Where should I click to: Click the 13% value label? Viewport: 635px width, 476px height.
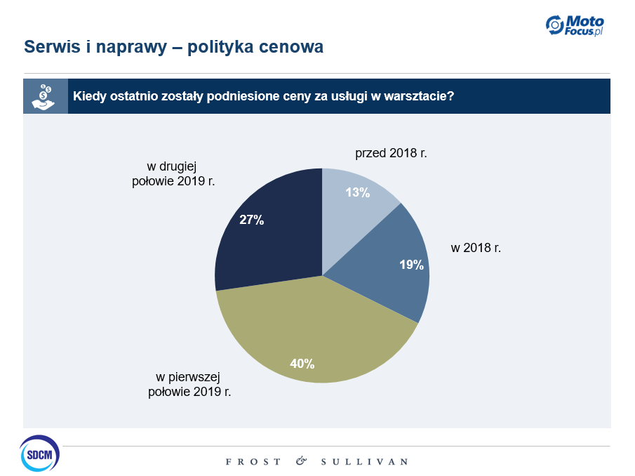point(358,192)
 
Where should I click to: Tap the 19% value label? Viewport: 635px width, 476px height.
point(411,265)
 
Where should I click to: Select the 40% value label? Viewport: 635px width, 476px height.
point(302,364)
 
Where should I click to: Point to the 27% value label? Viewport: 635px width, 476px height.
point(251,220)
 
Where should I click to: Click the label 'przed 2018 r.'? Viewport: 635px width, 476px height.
point(391,153)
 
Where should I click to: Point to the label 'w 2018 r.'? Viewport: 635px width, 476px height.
point(476,248)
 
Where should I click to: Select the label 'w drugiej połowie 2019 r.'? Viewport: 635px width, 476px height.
point(173,174)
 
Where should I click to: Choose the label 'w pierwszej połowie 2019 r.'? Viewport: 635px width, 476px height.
point(189,385)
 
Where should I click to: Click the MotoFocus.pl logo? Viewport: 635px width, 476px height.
point(575,25)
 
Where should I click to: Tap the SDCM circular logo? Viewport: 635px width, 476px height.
point(39,454)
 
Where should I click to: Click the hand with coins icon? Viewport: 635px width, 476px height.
point(44,97)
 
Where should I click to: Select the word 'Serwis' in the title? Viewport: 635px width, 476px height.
point(52,47)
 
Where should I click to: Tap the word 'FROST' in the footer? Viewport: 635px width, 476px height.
point(253,462)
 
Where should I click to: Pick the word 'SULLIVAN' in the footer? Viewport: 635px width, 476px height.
point(364,462)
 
